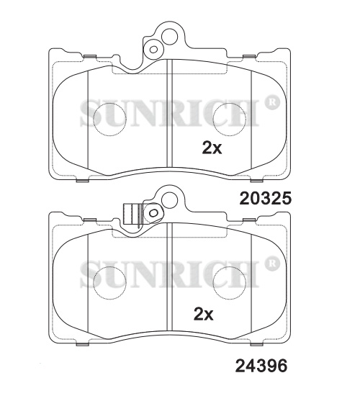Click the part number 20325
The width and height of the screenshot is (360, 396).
pyautogui.click(x=266, y=198)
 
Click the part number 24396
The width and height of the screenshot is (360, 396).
pyautogui.click(x=261, y=366)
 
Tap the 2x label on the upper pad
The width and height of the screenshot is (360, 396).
pyautogui.click(x=212, y=148)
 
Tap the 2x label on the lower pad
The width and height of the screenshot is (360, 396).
pyautogui.click(x=203, y=314)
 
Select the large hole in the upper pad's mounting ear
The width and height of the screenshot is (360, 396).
pyautogui.click(x=169, y=37)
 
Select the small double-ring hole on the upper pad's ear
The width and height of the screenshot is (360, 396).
pyautogui.click(x=153, y=49)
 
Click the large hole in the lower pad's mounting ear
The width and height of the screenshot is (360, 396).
pyautogui.click(x=169, y=200)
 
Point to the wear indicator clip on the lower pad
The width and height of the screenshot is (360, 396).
pyautogui.click(x=132, y=214)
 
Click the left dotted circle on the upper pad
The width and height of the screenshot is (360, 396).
pyautogui.click(x=109, y=120)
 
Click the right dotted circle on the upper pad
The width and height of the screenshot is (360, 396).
pyautogui.click(x=230, y=120)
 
